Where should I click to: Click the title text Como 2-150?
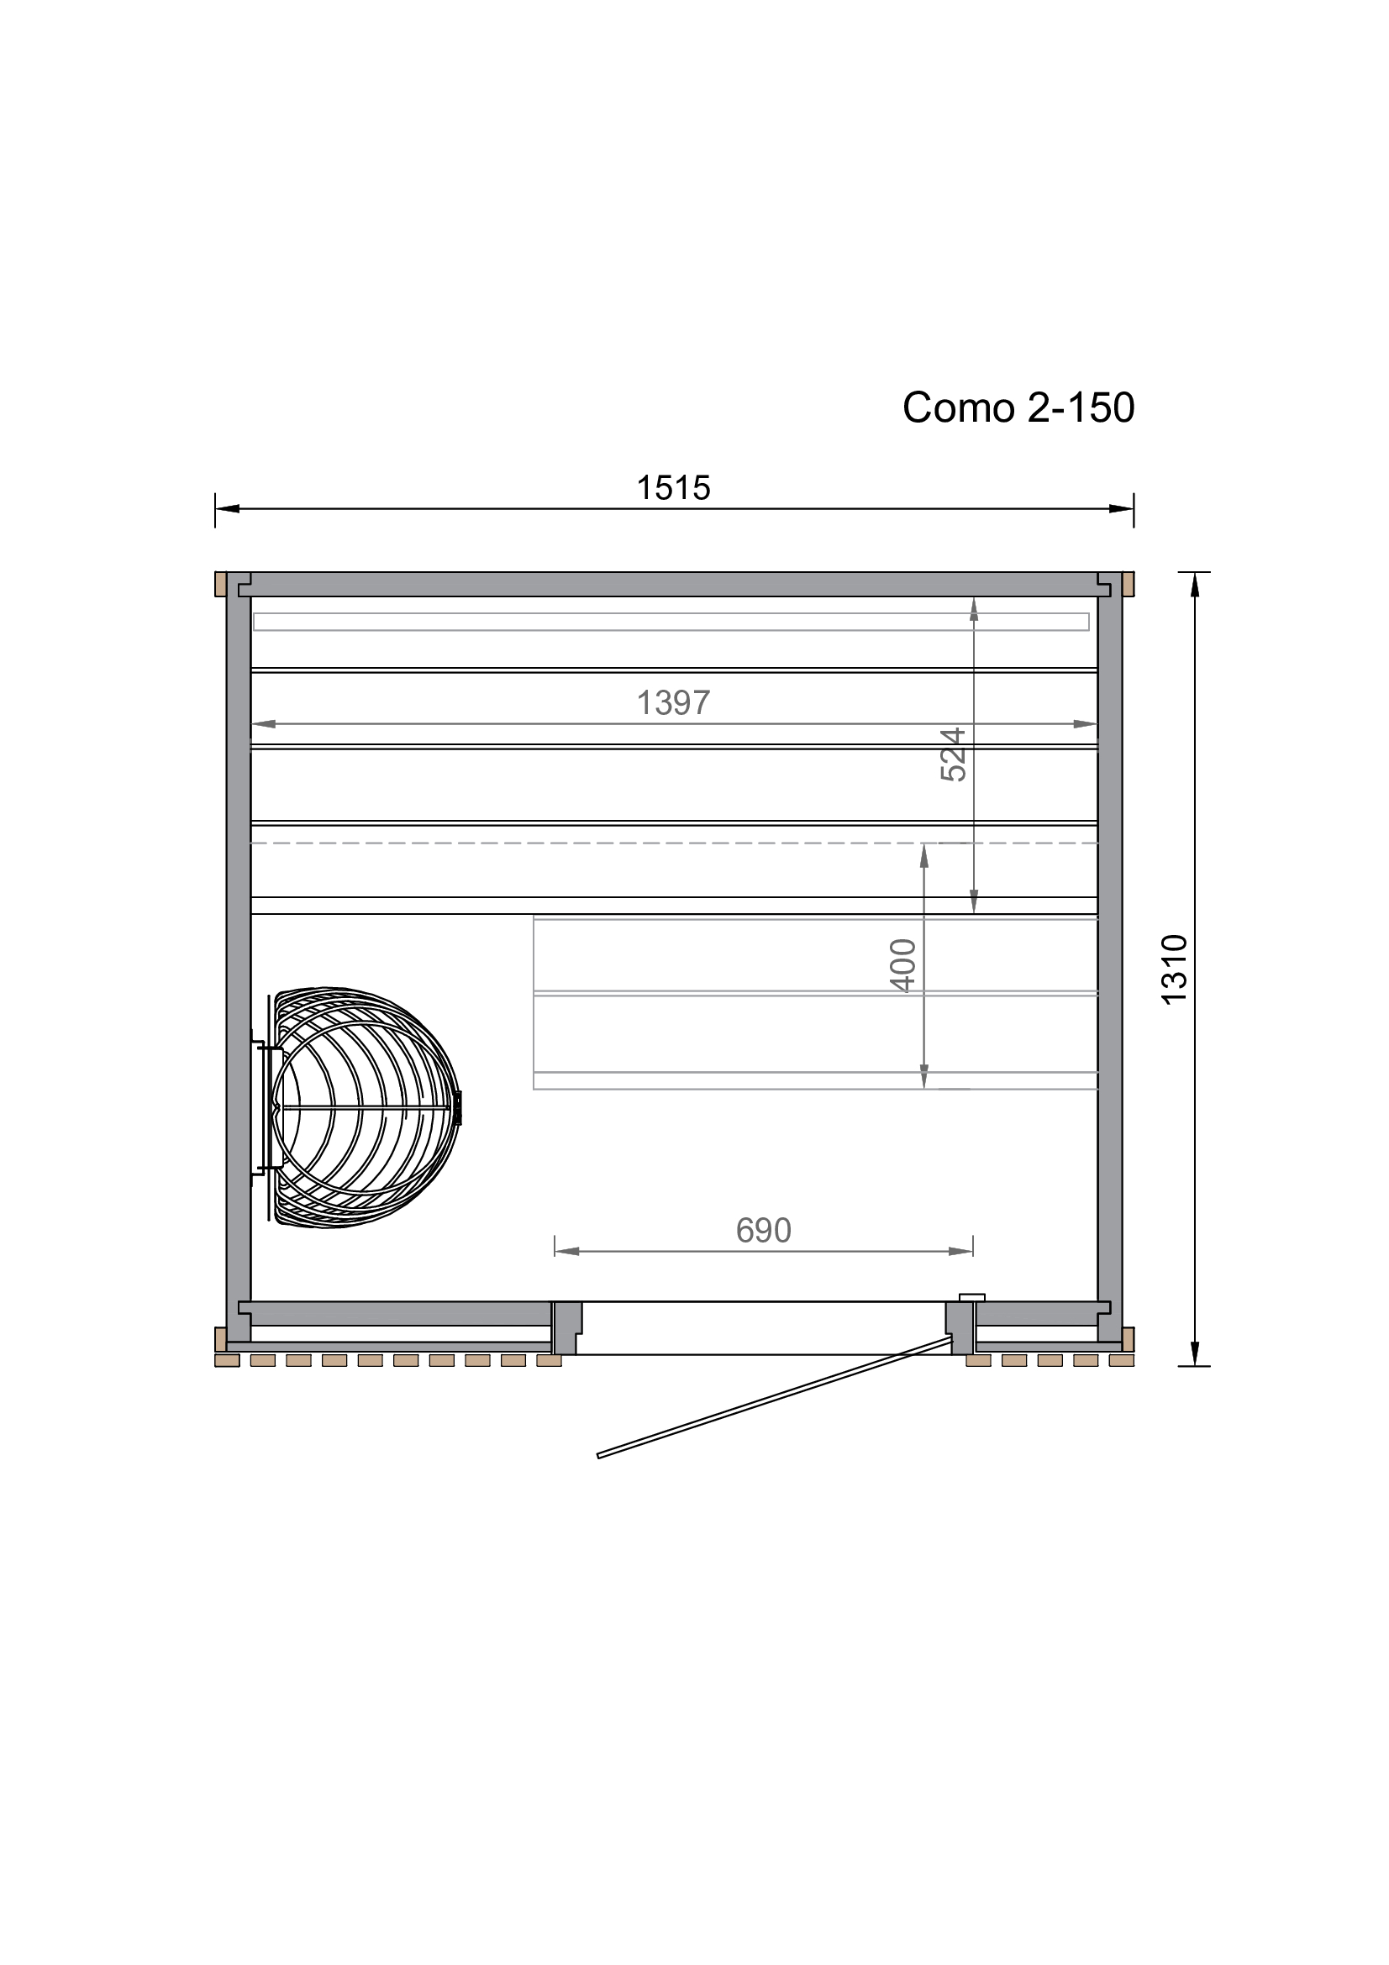click(x=1018, y=407)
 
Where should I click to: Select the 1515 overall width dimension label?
click(x=674, y=488)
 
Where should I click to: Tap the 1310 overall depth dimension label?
click(x=1175, y=969)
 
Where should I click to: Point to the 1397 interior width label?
click(x=674, y=702)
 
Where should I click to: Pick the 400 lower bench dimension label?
click(x=904, y=965)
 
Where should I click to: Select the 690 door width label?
click(x=763, y=1231)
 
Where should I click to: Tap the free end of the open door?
click(x=598, y=1456)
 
